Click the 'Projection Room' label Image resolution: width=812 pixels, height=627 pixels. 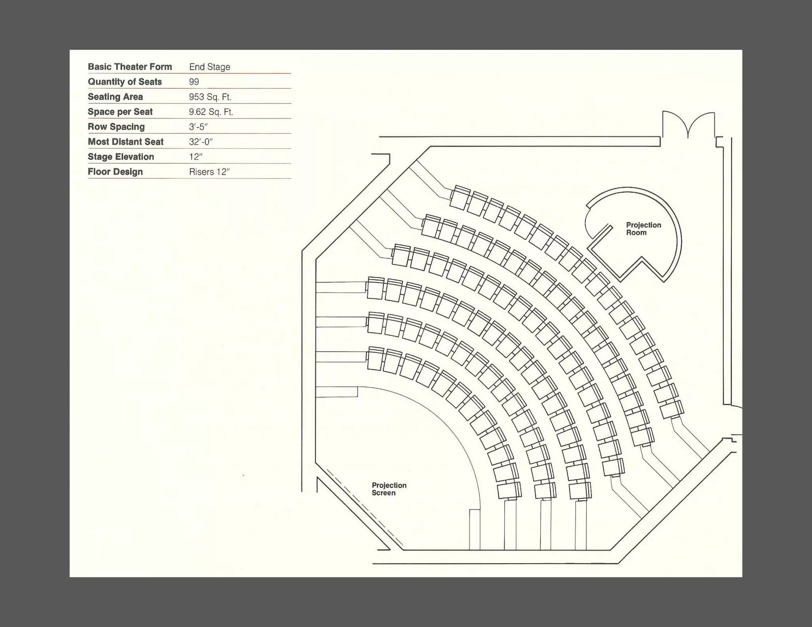coord(643,229)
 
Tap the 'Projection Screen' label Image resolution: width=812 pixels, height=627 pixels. coord(389,489)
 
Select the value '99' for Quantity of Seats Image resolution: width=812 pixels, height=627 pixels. coord(194,82)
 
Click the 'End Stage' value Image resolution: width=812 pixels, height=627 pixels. coord(209,67)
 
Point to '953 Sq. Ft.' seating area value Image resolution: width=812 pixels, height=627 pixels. coord(210,97)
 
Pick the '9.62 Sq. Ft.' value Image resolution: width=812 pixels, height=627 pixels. coord(211,112)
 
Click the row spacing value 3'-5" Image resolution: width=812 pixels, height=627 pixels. coord(198,127)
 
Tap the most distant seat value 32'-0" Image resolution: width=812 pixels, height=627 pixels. coord(201,142)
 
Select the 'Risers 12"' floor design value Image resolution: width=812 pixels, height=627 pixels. coord(209,172)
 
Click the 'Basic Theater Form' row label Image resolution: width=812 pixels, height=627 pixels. coord(130,67)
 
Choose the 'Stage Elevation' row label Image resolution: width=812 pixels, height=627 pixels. coord(121,157)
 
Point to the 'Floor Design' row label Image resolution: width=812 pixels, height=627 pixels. coord(115,172)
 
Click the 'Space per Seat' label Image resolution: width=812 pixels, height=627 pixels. coord(120,112)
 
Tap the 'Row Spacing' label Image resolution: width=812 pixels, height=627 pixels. coord(116,127)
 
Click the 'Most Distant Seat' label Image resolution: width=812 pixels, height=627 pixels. coord(125,142)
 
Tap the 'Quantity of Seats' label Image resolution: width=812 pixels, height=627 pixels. coord(124,82)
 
